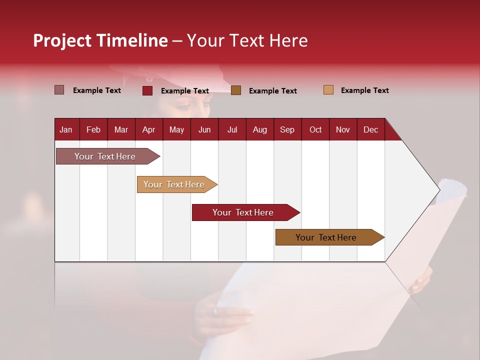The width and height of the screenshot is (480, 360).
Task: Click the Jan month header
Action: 66,130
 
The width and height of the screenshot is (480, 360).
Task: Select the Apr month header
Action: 148,130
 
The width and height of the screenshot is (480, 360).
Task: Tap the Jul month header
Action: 232,130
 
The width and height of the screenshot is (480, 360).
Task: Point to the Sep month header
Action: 287,130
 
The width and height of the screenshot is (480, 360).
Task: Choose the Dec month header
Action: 370,130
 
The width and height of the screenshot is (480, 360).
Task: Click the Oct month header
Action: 315,130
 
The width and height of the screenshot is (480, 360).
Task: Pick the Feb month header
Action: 93,130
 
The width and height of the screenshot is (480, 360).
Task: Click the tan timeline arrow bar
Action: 175,184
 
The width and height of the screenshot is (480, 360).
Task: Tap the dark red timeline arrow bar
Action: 244,212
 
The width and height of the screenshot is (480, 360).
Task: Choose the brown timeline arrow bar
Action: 327,237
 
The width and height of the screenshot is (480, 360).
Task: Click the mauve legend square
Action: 59,90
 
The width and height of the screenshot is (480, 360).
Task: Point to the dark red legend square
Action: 147,90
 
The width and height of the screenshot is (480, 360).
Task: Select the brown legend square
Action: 236,90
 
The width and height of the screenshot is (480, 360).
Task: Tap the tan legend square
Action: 328,90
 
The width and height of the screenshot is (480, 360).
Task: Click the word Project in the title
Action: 62,40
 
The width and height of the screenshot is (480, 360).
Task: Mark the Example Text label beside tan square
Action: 364,90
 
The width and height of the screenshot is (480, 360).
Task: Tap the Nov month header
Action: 342,130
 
